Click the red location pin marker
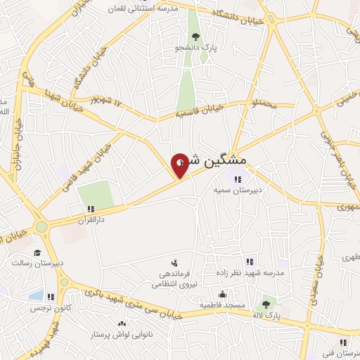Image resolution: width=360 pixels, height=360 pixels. click(180, 165)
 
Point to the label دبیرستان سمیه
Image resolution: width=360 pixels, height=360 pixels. click(238, 189)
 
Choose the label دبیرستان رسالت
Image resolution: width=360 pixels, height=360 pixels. click(37, 264)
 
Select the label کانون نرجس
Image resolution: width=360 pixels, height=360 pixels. click(48, 308)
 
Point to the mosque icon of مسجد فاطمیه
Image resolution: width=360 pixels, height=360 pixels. click(223, 295)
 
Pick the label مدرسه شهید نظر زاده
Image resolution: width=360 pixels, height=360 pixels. click(257, 271)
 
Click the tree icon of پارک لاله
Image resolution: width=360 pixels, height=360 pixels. click(266, 304)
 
